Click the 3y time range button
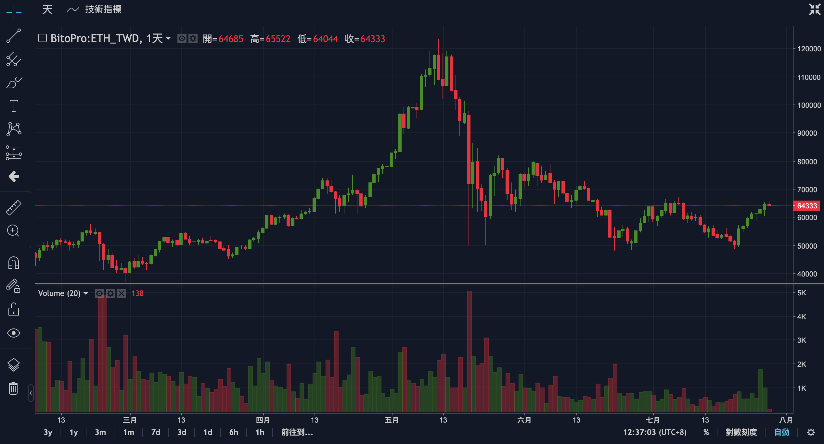(x=48, y=432)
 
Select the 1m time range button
(x=129, y=432)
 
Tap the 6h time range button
(x=234, y=432)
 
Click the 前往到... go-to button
(x=297, y=432)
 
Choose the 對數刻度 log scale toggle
(x=741, y=432)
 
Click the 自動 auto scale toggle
(x=782, y=432)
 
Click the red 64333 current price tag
(x=807, y=206)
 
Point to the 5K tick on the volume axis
(x=802, y=293)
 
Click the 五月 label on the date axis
(x=392, y=420)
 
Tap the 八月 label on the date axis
(x=786, y=420)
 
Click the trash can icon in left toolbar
(x=13, y=388)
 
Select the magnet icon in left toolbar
(x=13, y=263)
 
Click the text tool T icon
(x=14, y=106)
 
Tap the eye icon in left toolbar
(x=13, y=333)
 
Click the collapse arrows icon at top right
(x=815, y=9)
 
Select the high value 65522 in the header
(x=278, y=39)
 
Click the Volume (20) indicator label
(x=59, y=293)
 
